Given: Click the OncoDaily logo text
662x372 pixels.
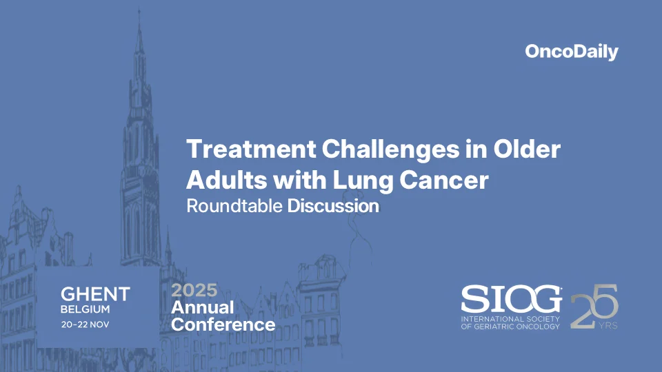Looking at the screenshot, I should pyautogui.click(x=572, y=52).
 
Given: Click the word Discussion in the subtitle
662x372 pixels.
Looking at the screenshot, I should pyautogui.click(x=333, y=206).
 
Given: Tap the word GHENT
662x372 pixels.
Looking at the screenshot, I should pyautogui.click(x=94, y=294).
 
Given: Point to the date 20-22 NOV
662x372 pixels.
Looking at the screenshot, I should pyautogui.click(x=85, y=323).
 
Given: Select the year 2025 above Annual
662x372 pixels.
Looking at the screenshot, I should pyautogui.click(x=194, y=290).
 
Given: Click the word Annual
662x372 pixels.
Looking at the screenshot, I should pyautogui.click(x=203, y=307).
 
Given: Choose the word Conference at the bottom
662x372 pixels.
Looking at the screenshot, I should pyautogui.click(x=223, y=324).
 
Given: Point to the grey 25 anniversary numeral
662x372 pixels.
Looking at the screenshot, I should pyautogui.click(x=594, y=306).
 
